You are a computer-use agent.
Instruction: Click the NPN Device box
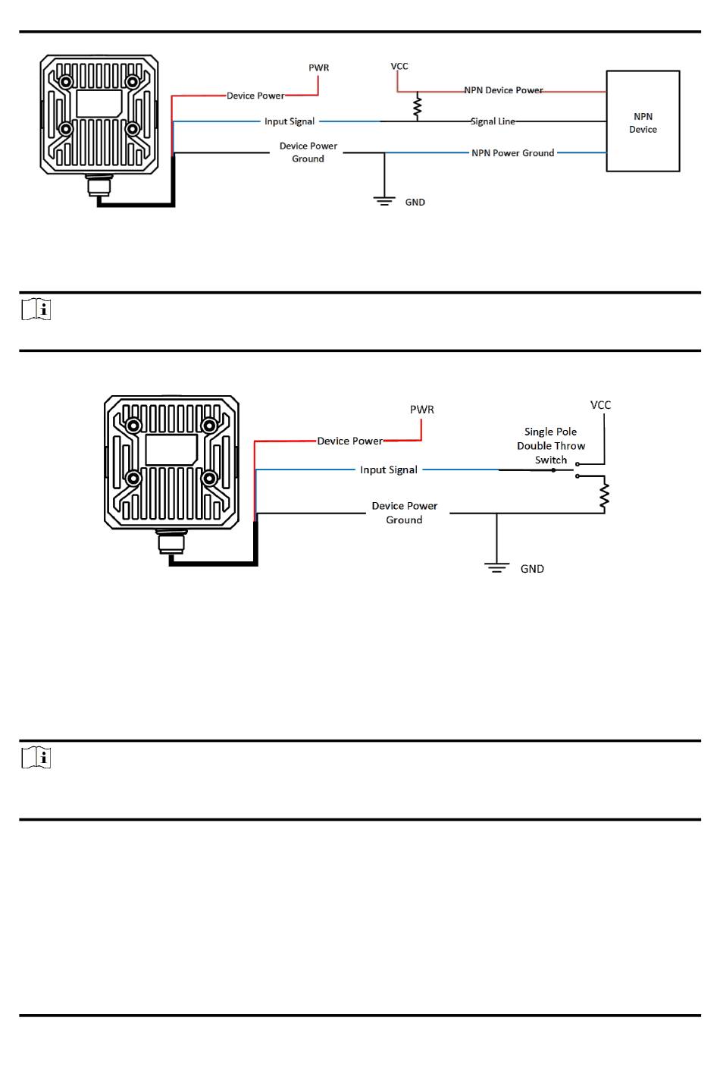(x=643, y=121)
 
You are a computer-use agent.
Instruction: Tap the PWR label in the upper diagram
(x=319, y=68)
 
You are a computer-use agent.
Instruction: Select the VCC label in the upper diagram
(x=399, y=66)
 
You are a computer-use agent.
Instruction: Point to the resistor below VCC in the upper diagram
(x=417, y=106)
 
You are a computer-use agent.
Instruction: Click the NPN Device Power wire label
(x=503, y=90)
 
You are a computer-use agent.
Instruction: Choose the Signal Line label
(x=493, y=121)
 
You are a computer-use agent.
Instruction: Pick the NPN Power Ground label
(x=512, y=153)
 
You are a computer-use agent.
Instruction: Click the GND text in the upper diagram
(x=415, y=203)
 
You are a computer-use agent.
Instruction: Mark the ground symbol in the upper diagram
(x=384, y=201)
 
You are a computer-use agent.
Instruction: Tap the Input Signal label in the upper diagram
(x=290, y=121)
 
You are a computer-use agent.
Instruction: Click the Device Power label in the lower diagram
(x=350, y=441)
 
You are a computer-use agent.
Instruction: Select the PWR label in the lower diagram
(x=422, y=410)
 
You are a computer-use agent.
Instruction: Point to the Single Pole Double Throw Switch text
(x=551, y=446)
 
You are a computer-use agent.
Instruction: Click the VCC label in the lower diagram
(x=600, y=405)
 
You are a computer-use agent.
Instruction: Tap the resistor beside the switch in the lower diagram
(x=604, y=496)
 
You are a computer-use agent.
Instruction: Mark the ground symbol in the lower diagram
(x=496, y=567)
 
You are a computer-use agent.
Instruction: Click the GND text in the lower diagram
(x=532, y=569)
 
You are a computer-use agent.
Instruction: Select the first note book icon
(x=36, y=309)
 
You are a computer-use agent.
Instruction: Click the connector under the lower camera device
(x=171, y=543)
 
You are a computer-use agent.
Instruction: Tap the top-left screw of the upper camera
(x=67, y=81)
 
